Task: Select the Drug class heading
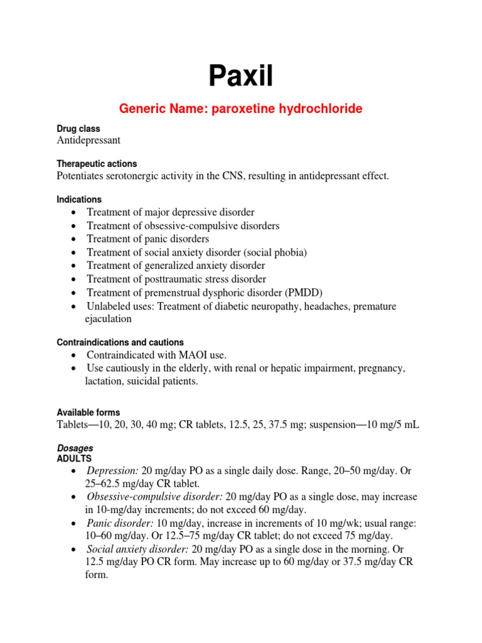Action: [78, 129]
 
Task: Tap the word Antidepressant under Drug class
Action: [89, 141]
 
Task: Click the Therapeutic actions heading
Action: [97, 164]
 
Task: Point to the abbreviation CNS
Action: [230, 176]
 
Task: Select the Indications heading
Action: [79, 199]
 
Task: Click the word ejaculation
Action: [108, 319]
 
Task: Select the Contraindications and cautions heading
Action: [120, 342]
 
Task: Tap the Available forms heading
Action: [88, 413]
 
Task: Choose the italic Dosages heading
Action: [75, 448]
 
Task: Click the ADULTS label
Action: [74, 458]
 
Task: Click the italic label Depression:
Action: [113, 470]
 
